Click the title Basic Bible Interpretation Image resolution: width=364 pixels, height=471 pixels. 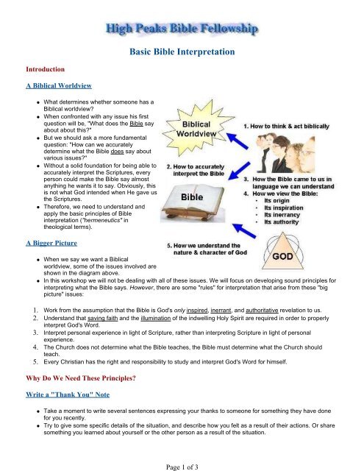pyautogui.click(x=182, y=52)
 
